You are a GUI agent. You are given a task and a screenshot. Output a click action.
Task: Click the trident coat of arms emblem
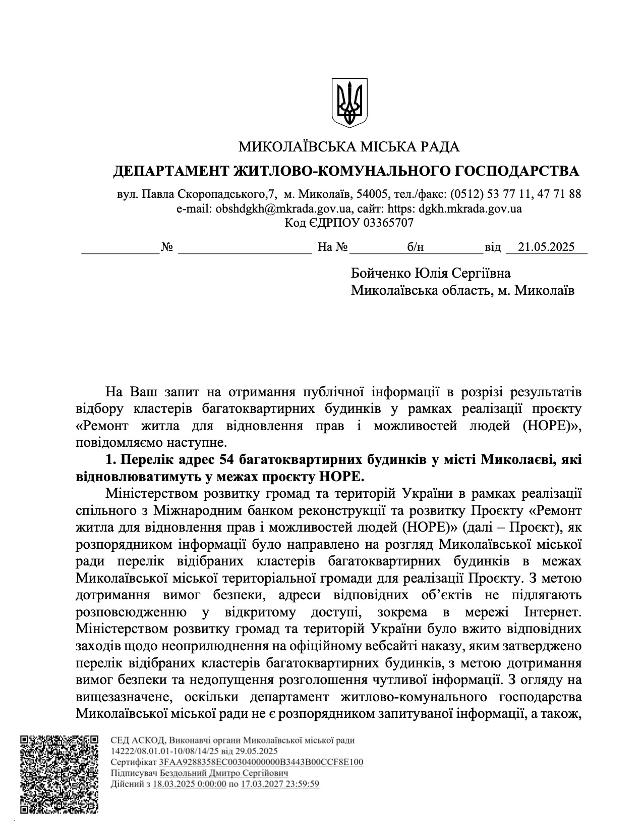[349, 102]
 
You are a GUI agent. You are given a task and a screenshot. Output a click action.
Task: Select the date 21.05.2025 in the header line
[546, 247]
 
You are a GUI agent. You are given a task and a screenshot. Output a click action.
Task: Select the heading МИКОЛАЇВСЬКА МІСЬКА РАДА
[348, 147]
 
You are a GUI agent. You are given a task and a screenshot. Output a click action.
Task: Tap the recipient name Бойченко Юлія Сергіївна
[431, 273]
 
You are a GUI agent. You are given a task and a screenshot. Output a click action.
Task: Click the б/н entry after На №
[415, 247]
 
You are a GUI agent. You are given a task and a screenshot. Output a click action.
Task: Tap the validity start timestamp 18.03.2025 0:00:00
[189, 784]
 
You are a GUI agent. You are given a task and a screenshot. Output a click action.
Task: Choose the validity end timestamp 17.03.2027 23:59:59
[280, 784]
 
